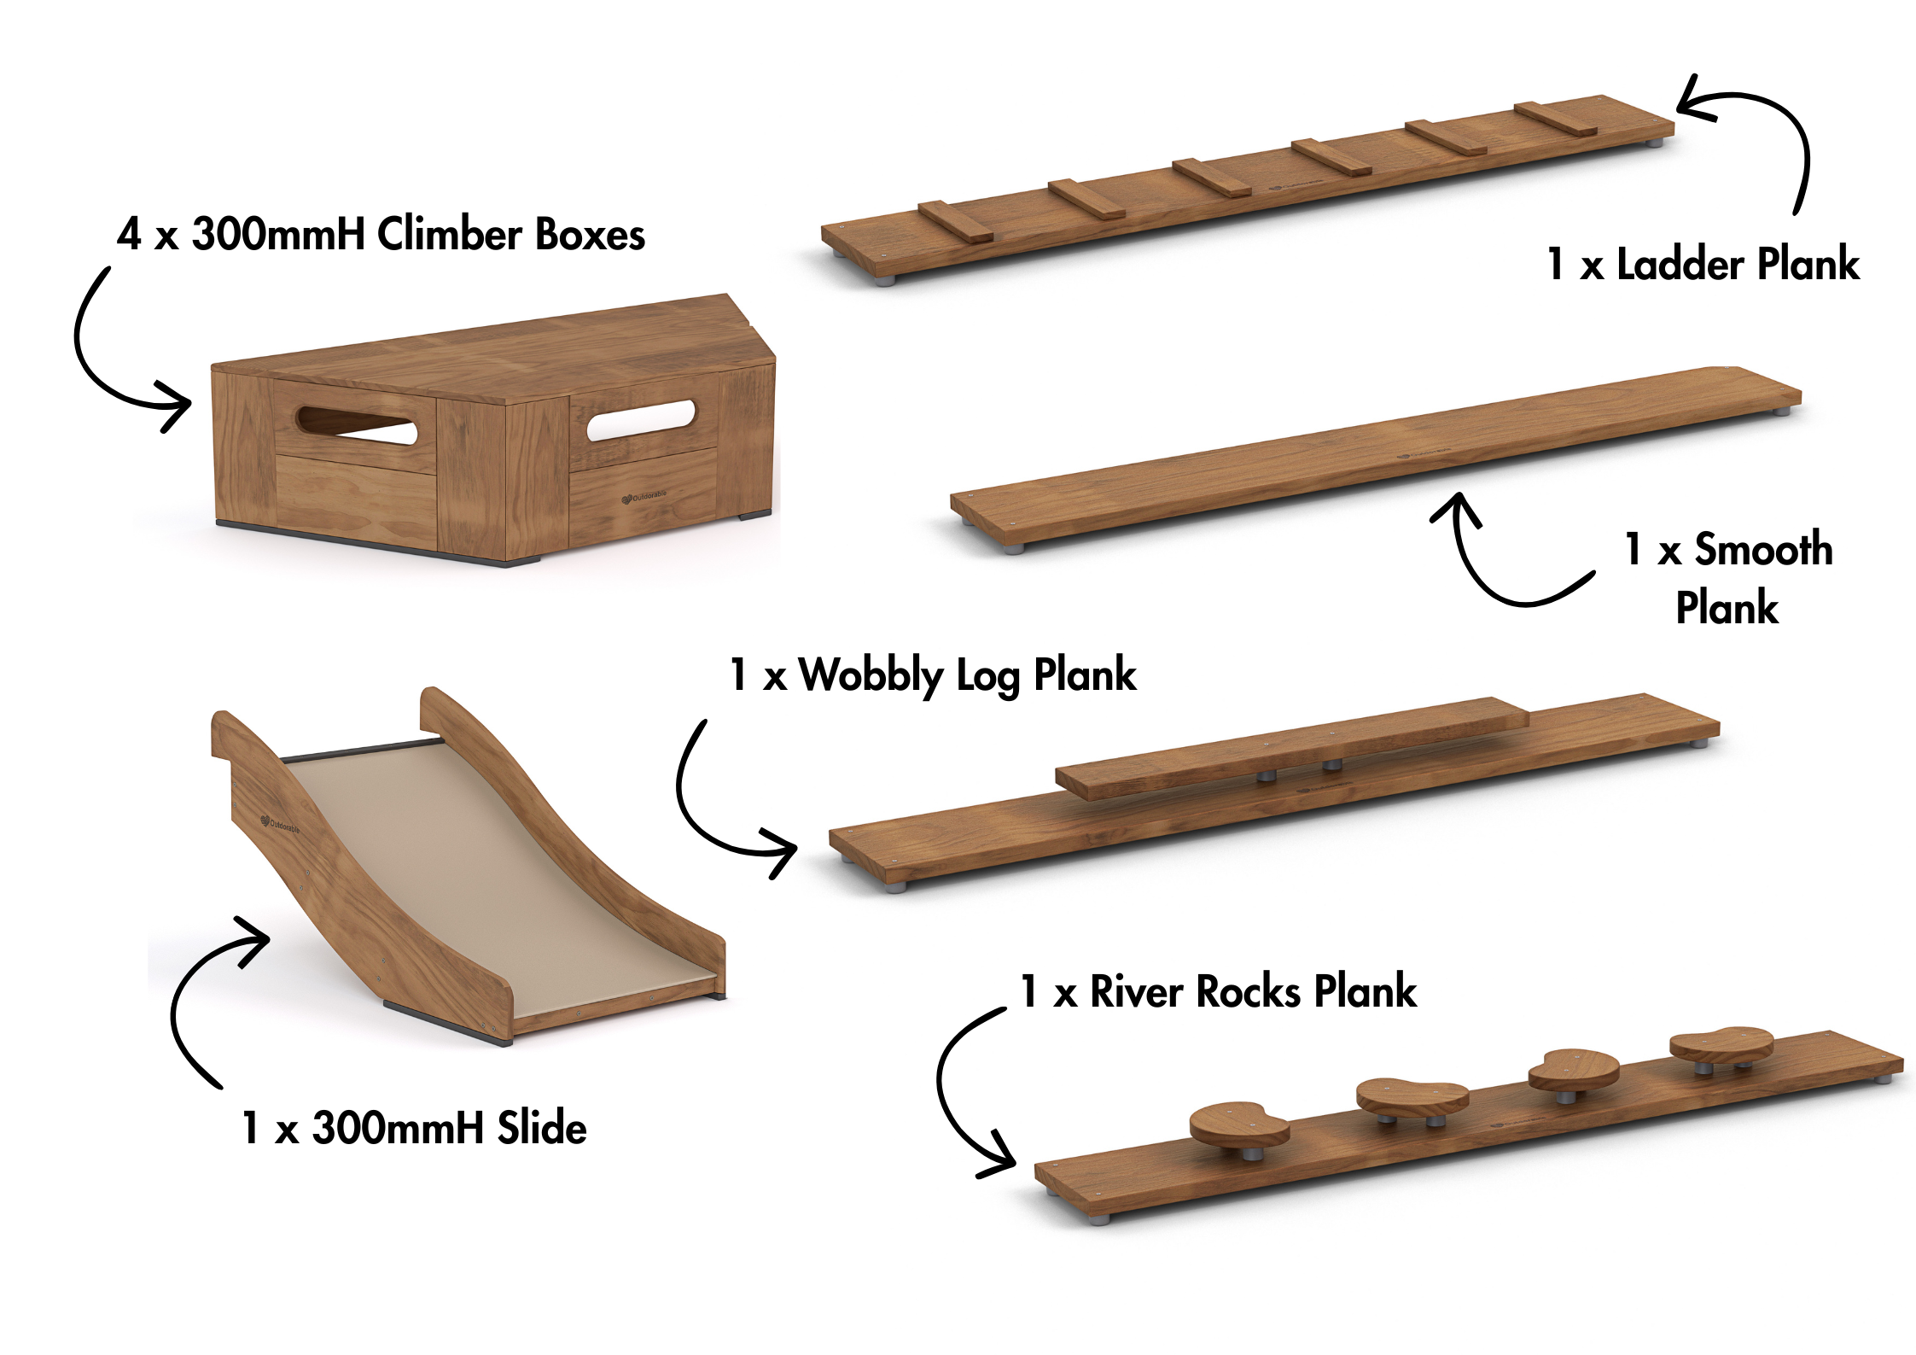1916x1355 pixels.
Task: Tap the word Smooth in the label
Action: pos(1763,549)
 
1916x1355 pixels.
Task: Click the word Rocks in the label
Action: pos(1250,992)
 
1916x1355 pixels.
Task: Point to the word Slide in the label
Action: pos(542,1128)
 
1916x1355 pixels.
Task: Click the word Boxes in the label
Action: pos(590,235)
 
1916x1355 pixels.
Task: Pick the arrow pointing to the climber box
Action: pos(111,359)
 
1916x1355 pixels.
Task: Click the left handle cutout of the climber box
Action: pos(356,424)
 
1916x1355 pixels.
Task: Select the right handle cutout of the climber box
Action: pos(640,419)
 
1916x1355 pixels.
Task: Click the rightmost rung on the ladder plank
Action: pos(1555,119)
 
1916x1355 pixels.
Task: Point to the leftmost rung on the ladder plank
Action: pos(956,221)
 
